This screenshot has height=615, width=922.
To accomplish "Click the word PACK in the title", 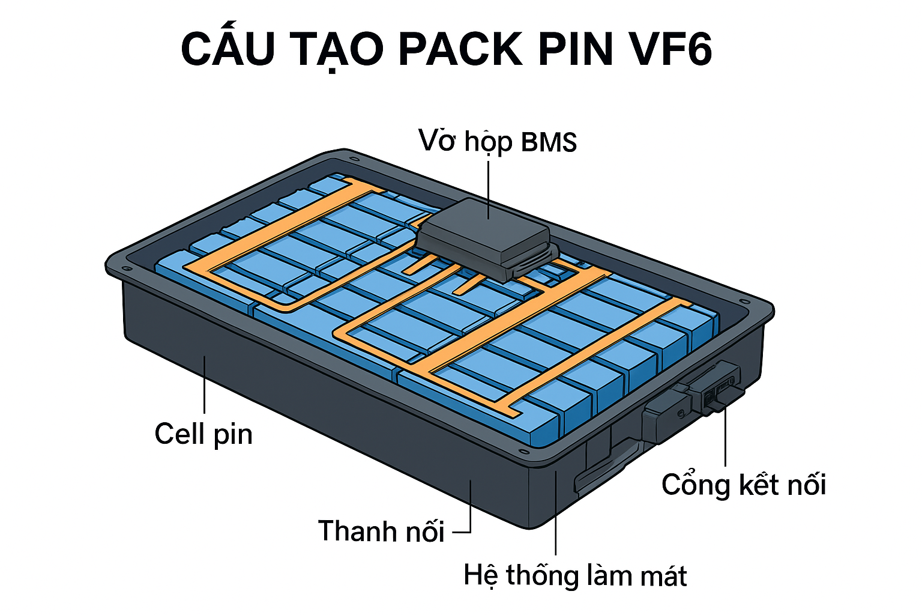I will point(460,49).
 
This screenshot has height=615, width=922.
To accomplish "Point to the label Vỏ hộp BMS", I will point(498,142).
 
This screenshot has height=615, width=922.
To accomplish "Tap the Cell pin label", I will point(203,434).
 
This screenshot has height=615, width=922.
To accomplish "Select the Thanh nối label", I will point(381,531).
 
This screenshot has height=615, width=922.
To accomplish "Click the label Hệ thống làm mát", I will point(575,575).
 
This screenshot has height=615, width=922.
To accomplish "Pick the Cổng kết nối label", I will point(744,485).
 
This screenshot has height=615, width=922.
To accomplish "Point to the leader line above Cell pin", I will point(205,384).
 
